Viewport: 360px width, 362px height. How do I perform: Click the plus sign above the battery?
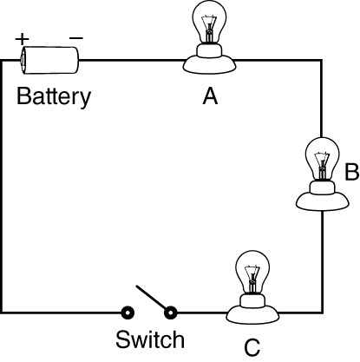pyautogui.click(x=23, y=39)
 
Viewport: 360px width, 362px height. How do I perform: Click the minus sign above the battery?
pyautogui.click(x=76, y=38)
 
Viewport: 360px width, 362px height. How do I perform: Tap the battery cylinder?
pyautogui.click(x=49, y=60)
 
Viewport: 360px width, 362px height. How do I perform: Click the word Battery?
pyautogui.click(x=54, y=96)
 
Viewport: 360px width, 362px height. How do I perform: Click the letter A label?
pyautogui.click(x=210, y=96)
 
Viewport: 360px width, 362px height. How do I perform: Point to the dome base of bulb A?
pyautogui.click(x=209, y=64)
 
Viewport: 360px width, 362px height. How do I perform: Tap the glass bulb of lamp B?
pyautogui.click(x=322, y=158)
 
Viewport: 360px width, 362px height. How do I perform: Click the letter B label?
pyautogui.click(x=351, y=172)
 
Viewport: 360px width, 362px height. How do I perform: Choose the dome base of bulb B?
pyautogui.click(x=323, y=201)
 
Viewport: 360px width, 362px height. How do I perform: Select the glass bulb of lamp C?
pyautogui.click(x=252, y=272)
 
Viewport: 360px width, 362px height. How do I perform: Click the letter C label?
pyautogui.click(x=252, y=347)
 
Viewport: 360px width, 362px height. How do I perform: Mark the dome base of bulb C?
pyautogui.click(x=252, y=315)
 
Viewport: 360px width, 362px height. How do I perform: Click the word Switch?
pyautogui.click(x=150, y=339)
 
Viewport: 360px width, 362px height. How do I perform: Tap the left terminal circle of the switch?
pyautogui.click(x=128, y=313)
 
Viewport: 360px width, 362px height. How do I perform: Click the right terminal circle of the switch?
pyautogui.click(x=170, y=313)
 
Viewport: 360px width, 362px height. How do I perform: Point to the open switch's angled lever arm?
pyautogui.click(x=153, y=299)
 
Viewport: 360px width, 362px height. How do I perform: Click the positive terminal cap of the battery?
pyautogui.click(x=22, y=60)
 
